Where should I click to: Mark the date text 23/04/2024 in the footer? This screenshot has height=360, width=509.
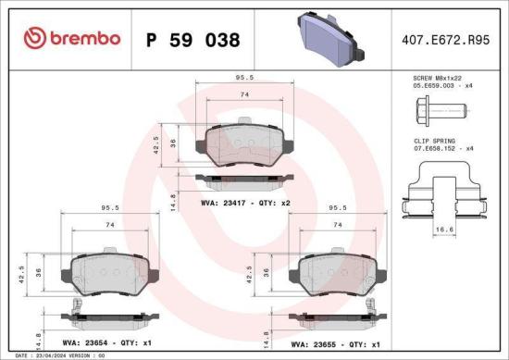tap(61, 354)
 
